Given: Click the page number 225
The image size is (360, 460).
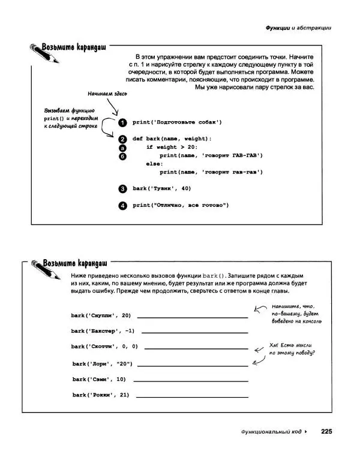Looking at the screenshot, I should pos(326,431).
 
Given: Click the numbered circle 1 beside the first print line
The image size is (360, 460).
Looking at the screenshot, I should pos(122,122).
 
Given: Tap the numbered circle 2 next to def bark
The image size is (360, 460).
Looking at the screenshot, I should pos(122,139).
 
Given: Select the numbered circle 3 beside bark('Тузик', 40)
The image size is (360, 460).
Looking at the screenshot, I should pos(122,188).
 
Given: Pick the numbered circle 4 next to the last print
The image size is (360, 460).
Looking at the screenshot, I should pos(122,205).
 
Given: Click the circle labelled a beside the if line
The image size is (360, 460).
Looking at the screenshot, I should pos(122,148).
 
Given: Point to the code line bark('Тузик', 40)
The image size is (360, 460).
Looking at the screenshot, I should pos(161,188).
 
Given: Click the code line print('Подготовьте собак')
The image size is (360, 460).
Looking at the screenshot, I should pos(177,122).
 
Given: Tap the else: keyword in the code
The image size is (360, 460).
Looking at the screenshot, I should pos(154,164).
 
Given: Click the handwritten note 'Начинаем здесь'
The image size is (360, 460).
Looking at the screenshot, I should pos(107,94).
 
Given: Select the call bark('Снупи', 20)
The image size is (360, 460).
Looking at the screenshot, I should pos(101,315).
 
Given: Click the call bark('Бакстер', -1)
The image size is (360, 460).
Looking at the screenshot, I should pos(103,330).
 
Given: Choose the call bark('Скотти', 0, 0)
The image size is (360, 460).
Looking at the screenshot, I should pos(104,347).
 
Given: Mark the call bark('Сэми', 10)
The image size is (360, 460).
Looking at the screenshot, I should pos(100,379).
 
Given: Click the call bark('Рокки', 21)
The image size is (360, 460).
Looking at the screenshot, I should pos(101,395).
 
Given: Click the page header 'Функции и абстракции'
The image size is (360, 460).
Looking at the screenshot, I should pos(298,28).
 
